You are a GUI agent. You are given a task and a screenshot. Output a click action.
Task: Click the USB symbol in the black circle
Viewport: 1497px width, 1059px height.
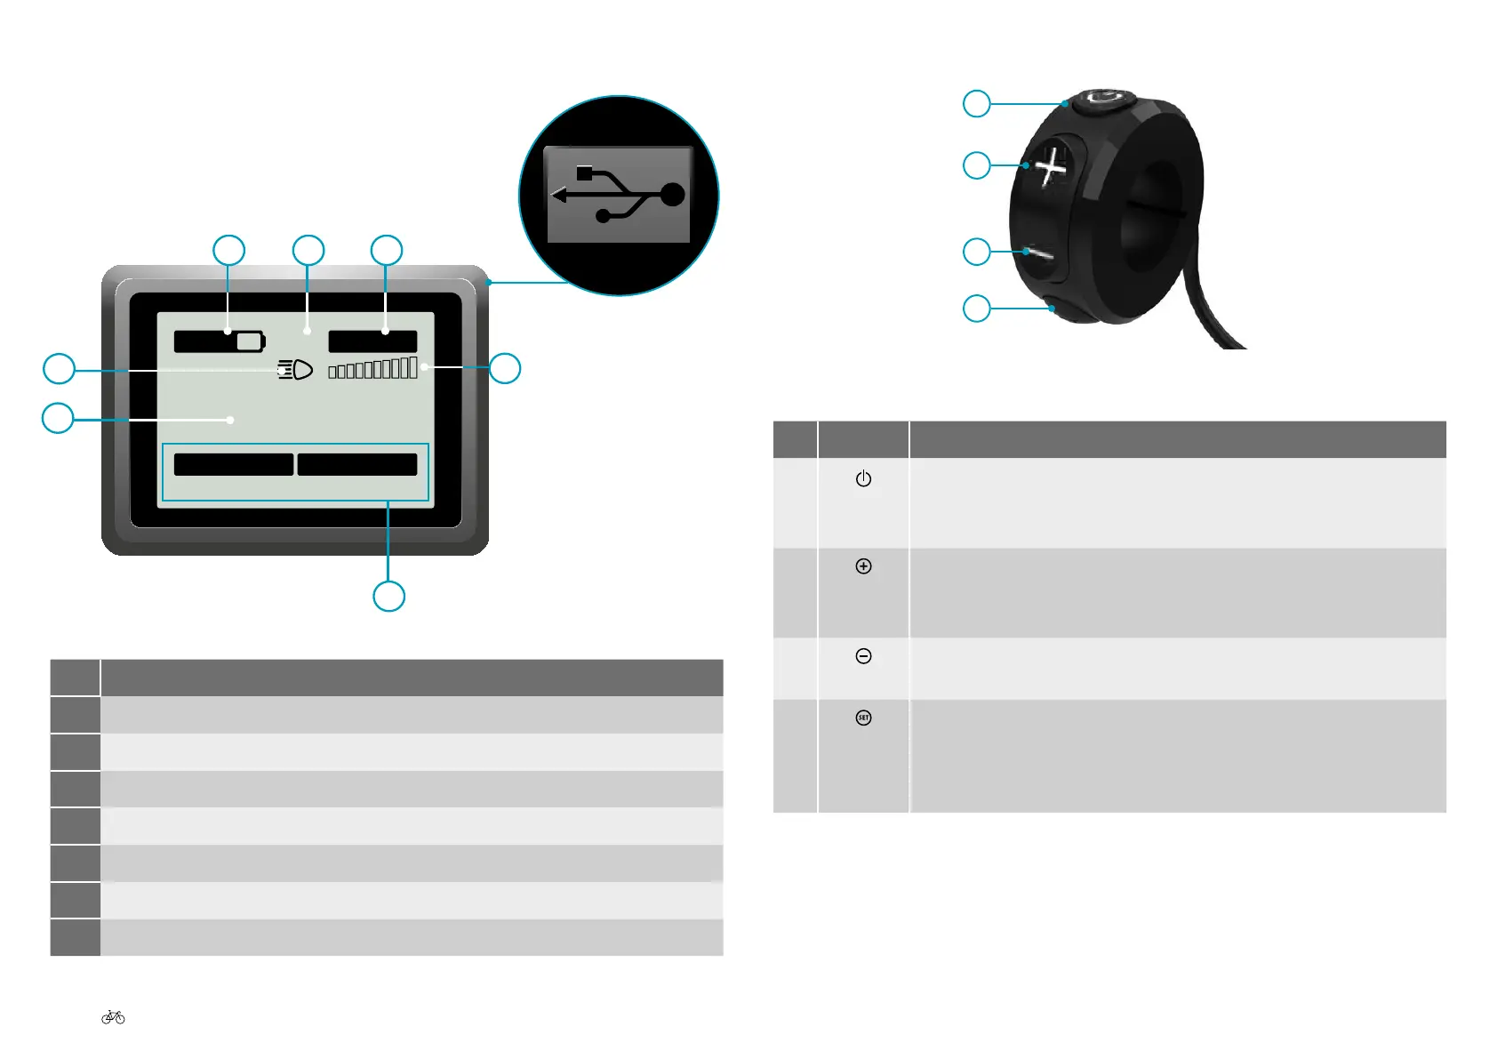(619, 195)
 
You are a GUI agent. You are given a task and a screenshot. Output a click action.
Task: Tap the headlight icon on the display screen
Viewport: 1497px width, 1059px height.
(295, 370)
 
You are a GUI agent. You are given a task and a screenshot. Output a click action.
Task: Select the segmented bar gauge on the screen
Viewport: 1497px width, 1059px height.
(372, 368)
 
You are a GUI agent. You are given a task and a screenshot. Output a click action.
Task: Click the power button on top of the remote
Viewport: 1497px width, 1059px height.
(1102, 100)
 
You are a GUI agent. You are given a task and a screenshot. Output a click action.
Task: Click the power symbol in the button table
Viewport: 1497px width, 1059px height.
(863, 478)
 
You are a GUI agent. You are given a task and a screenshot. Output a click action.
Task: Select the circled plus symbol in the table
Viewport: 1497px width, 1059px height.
(863, 566)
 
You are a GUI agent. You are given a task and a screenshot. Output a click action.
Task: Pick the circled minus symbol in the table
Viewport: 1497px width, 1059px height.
(863, 656)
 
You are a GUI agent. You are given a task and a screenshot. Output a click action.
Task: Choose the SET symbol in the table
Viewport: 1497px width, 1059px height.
(863, 718)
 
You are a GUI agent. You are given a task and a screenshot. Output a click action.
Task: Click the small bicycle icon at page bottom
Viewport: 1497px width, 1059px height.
(113, 1017)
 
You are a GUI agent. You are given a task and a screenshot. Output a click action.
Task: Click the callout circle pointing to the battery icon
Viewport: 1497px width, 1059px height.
(228, 251)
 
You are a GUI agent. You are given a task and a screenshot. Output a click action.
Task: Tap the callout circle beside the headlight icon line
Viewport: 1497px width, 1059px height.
(60, 368)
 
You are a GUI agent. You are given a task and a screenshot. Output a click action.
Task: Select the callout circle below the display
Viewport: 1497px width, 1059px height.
(388, 596)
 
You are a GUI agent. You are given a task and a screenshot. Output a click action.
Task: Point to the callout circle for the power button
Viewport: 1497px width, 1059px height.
(977, 103)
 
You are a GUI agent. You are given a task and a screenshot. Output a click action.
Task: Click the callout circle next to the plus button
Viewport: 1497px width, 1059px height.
(977, 165)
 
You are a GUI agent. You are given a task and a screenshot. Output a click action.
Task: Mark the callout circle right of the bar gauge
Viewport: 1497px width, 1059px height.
(505, 368)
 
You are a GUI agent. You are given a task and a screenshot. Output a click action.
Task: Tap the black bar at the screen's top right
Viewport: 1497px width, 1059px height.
(372, 341)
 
